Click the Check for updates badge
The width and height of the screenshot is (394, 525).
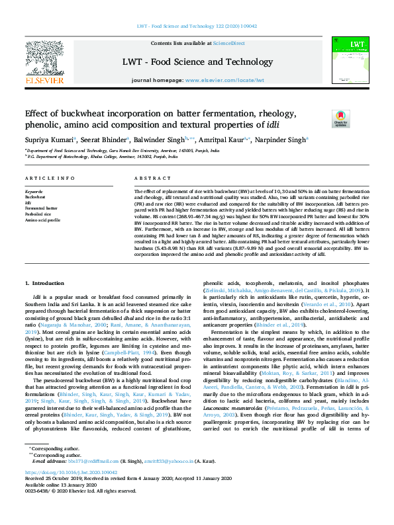(359, 119)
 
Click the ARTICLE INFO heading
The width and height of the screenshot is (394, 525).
(50, 179)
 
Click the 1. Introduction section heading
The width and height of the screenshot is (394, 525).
(44, 282)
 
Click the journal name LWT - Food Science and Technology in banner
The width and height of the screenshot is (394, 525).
(197, 62)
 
